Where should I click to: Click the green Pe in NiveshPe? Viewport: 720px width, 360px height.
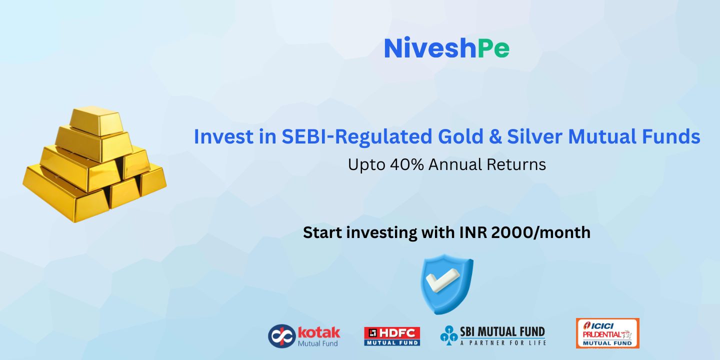(493, 48)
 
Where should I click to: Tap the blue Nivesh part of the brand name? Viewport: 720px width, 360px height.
(430, 48)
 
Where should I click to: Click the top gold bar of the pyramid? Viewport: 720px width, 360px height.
(96, 121)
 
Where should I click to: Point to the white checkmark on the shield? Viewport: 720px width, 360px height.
(442, 280)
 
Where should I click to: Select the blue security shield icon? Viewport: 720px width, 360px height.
(447, 284)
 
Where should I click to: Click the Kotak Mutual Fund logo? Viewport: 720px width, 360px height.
(304, 336)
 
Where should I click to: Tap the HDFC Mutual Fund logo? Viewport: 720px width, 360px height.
(392, 336)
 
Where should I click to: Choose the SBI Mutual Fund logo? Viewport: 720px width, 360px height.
(493, 335)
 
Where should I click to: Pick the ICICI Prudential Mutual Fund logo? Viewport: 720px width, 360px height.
(607, 333)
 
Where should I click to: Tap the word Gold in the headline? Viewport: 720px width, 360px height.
(460, 136)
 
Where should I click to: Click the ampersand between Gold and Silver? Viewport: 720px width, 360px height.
(495, 136)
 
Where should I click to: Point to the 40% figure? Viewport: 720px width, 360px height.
(407, 164)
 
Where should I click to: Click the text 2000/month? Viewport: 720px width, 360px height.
(541, 232)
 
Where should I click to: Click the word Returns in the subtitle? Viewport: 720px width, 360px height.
(516, 164)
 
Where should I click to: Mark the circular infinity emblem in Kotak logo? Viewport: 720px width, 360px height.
(282, 336)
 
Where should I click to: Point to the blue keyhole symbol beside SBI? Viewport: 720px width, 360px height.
(449, 335)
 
